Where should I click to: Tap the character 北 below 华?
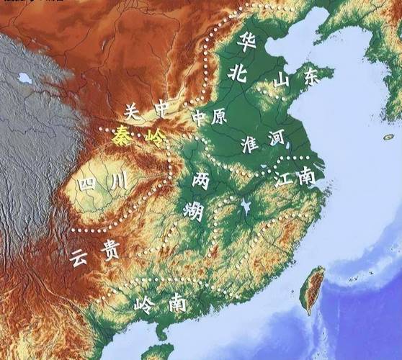click(x=238, y=71)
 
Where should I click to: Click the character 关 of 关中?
click(x=131, y=111)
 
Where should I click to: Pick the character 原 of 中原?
click(x=218, y=117)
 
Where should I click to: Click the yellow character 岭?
click(x=154, y=138)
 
